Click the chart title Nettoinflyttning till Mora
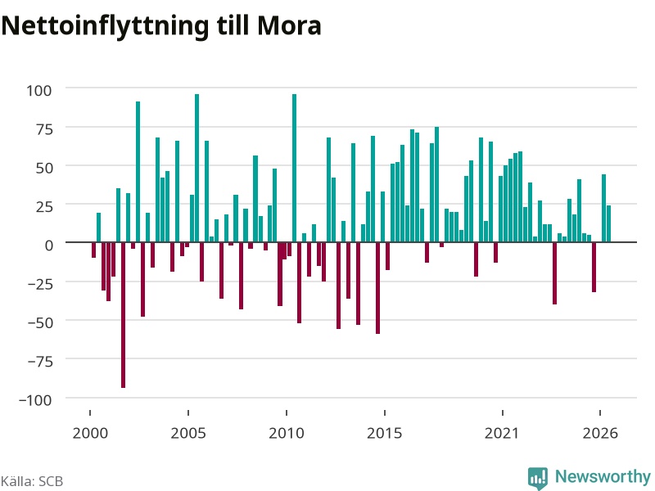pyautogui.click(x=161, y=26)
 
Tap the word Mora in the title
pyautogui.click(x=289, y=26)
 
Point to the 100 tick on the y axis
pyautogui.click(x=39, y=91)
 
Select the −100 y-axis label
pyautogui.click(x=35, y=400)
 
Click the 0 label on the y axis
pyautogui.click(x=49, y=245)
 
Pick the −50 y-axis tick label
pyautogui.click(x=40, y=322)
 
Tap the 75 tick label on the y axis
pyautogui.click(x=44, y=129)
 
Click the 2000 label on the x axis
pyautogui.click(x=90, y=433)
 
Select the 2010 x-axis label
pyautogui.click(x=287, y=433)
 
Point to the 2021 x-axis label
pyautogui.click(x=502, y=433)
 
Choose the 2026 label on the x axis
pyautogui.click(x=600, y=433)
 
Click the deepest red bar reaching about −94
pyautogui.click(x=124, y=315)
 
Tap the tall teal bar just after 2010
pyautogui.click(x=294, y=169)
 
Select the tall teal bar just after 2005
pyautogui.click(x=196, y=169)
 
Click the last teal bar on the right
pyautogui.click(x=608, y=223)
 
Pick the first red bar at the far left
pyautogui.click(x=93, y=250)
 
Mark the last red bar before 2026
pyautogui.click(x=594, y=268)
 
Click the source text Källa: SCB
pyautogui.click(x=32, y=481)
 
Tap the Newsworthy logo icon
pyautogui.click(x=538, y=478)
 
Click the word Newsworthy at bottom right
pyautogui.click(x=603, y=476)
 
